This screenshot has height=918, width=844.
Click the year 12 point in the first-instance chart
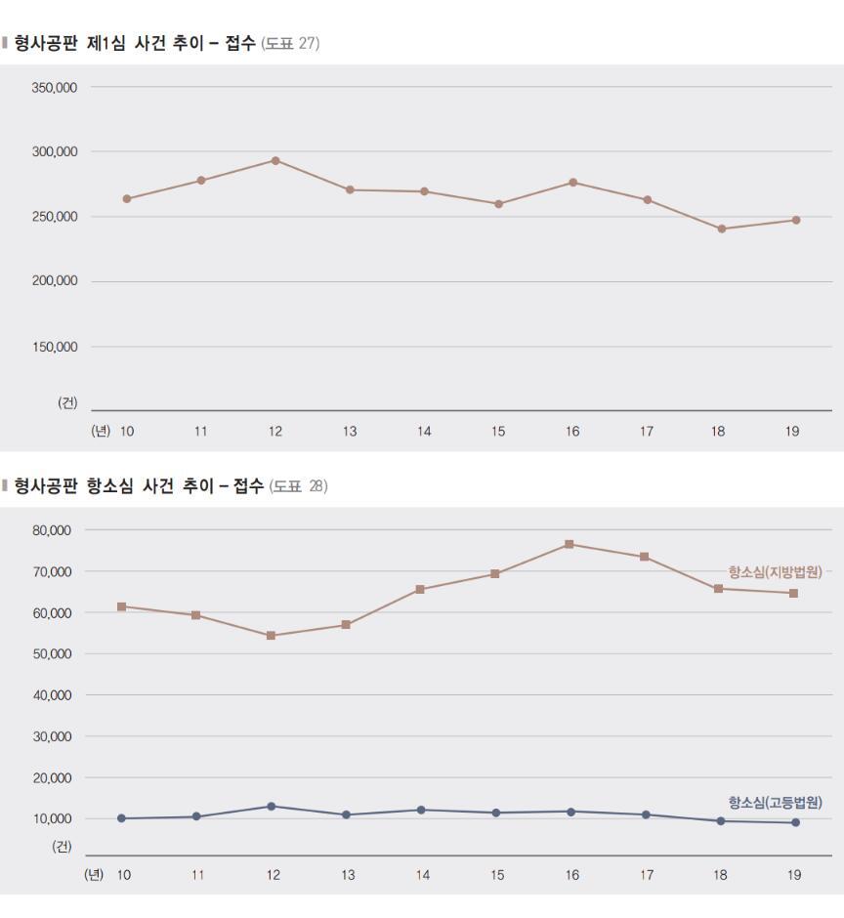coord(275,160)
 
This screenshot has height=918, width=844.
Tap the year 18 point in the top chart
coord(722,229)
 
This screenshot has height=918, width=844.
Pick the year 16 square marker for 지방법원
coord(569,544)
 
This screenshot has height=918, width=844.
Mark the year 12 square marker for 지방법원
coord(271,636)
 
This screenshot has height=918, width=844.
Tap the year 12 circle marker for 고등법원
coord(271,806)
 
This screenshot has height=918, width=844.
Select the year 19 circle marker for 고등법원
coord(795,822)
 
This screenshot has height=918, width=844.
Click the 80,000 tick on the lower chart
coord(52,530)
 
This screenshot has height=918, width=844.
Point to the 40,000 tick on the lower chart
coord(52,695)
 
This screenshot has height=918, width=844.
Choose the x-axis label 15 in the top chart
coord(498,432)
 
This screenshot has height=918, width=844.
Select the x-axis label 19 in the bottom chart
coord(793,875)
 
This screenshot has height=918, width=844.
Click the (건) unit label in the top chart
coord(67,404)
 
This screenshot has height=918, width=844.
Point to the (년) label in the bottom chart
coord(95,875)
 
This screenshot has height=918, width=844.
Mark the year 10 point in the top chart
coord(127,198)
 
